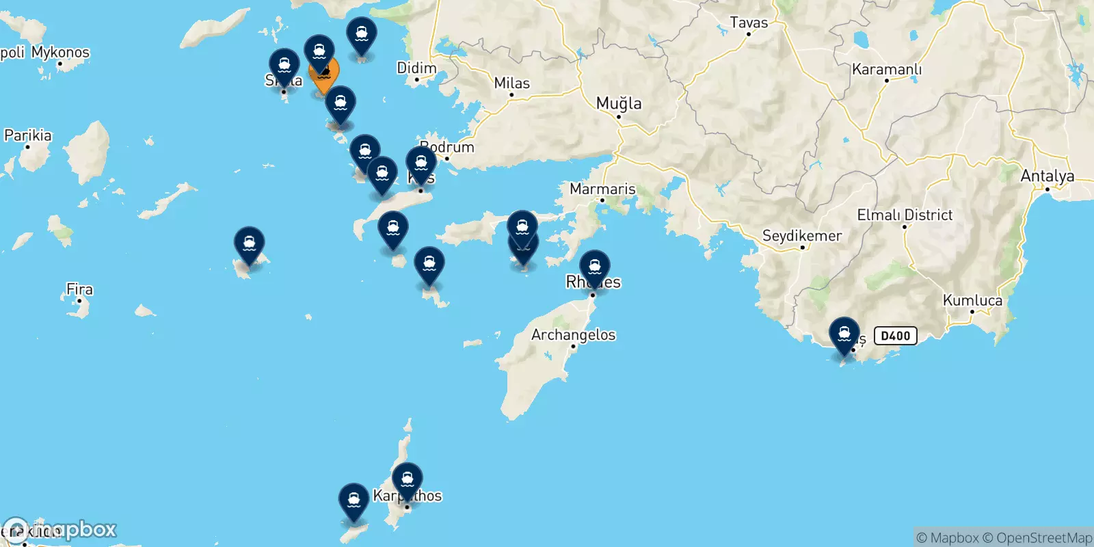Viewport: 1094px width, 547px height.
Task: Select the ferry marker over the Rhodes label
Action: (595, 267)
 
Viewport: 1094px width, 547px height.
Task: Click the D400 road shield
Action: (895, 336)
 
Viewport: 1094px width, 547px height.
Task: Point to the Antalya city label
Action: (1047, 176)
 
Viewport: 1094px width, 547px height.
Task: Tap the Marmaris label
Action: (602, 189)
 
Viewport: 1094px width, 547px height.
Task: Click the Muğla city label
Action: (619, 103)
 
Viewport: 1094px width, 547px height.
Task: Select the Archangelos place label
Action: (573, 335)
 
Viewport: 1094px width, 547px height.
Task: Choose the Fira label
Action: (79, 289)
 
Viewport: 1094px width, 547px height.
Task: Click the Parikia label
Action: (28, 135)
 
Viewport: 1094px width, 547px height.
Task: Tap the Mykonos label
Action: (60, 52)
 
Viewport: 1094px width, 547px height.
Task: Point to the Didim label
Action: (416, 68)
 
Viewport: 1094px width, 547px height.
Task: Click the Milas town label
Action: (511, 83)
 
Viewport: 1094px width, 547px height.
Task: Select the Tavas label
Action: (749, 23)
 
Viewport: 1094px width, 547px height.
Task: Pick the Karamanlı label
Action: (886, 70)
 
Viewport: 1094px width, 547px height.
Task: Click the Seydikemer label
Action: (802, 236)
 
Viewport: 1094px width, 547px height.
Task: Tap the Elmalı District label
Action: (905, 215)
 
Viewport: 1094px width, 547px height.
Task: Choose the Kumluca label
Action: (972, 300)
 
